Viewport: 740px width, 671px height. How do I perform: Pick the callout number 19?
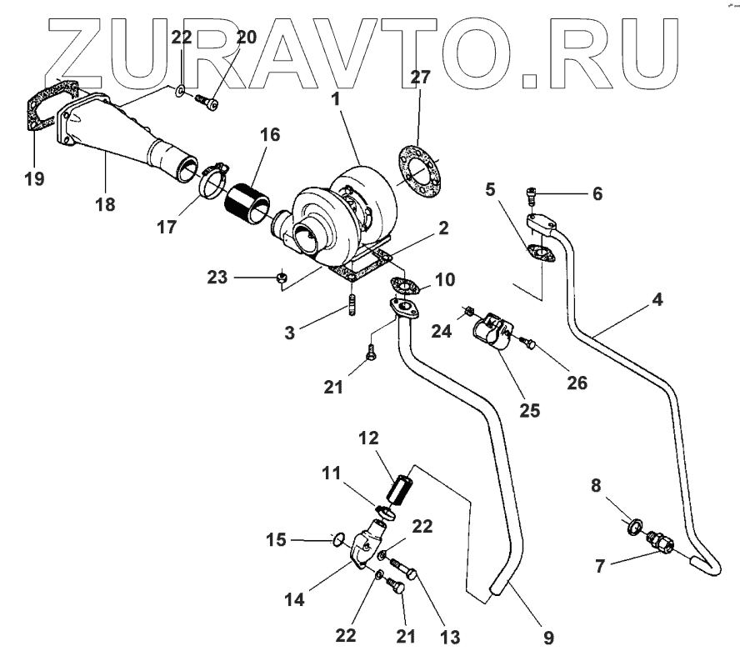pyautogui.click(x=34, y=178)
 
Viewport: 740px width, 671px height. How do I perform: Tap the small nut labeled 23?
pyautogui.click(x=282, y=277)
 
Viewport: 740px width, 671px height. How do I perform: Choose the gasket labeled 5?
pyautogui.click(x=538, y=253)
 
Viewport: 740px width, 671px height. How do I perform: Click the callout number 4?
pyautogui.click(x=657, y=298)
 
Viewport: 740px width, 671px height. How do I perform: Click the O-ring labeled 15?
pyautogui.click(x=337, y=538)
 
